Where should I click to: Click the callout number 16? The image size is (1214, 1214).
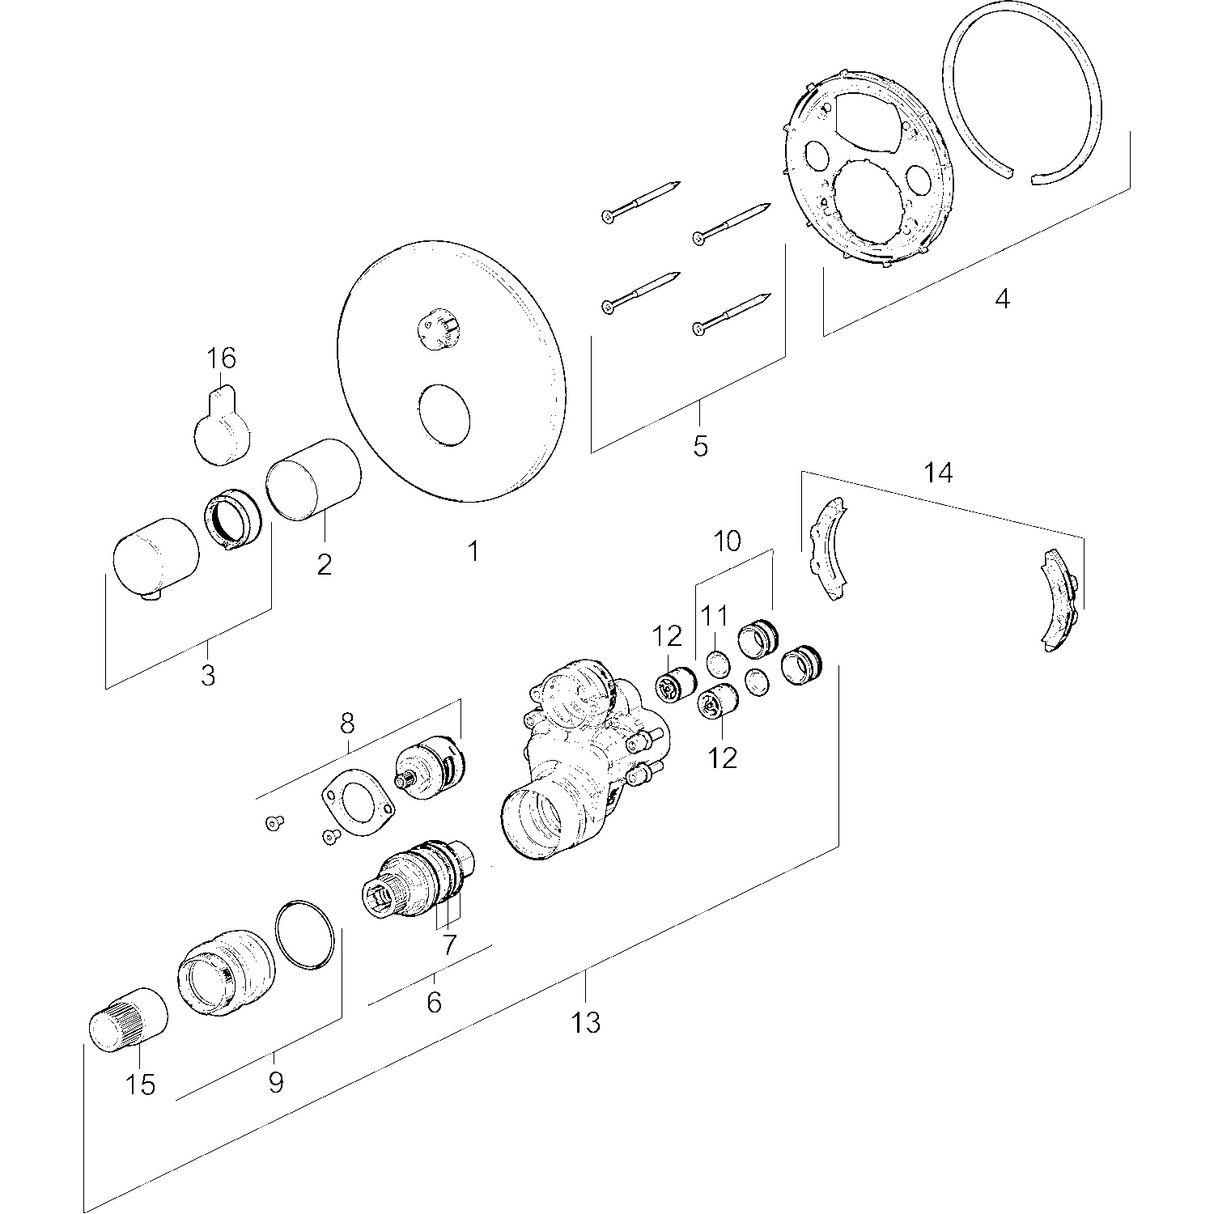pyautogui.click(x=221, y=357)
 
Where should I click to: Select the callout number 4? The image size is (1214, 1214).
pyautogui.click(x=1002, y=299)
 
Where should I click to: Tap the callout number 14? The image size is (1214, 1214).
pyautogui.click(x=938, y=472)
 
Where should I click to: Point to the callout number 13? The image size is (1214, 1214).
pyautogui.click(x=586, y=1023)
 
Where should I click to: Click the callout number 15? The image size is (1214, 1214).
pyautogui.click(x=141, y=1084)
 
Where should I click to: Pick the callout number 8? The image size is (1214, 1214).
pyautogui.click(x=347, y=722)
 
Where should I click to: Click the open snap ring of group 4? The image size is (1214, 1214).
pyautogui.click(x=1024, y=97)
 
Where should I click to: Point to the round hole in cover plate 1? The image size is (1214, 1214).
pyautogui.click(x=444, y=414)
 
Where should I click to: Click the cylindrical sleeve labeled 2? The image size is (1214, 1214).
pyautogui.click(x=314, y=480)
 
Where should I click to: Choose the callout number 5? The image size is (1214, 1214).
pyautogui.click(x=700, y=444)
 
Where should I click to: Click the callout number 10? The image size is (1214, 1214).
pyautogui.click(x=727, y=541)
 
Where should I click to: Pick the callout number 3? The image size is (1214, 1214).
pyautogui.click(x=208, y=674)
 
